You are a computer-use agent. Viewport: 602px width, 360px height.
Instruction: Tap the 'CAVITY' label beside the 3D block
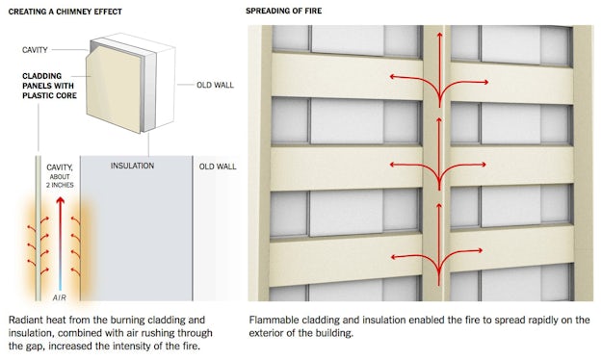[x=39, y=49]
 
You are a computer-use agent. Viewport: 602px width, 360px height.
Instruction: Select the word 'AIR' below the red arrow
[x=59, y=298]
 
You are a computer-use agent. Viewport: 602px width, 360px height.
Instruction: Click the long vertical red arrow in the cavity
[x=59, y=241]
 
